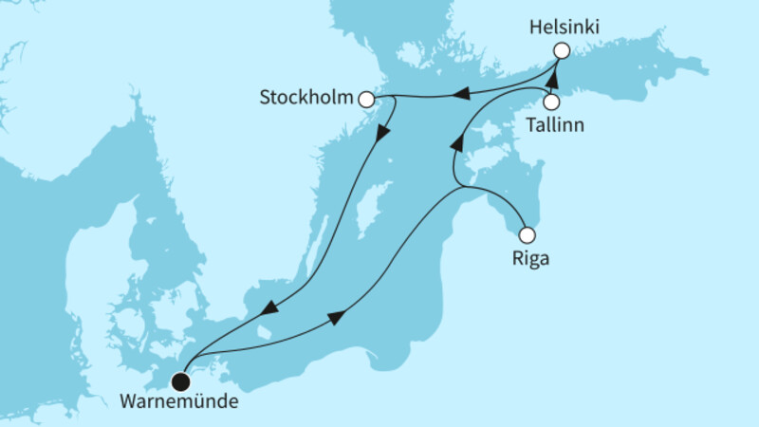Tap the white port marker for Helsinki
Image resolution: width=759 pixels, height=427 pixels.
tap(562, 50)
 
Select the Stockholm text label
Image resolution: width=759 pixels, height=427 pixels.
tap(305, 97)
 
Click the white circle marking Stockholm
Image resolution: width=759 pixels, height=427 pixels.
tap(366, 97)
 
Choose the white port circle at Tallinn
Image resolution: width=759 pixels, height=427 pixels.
tap(550, 102)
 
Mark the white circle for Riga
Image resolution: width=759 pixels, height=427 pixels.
tap(528, 234)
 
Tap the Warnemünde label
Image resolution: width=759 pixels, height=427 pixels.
tap(180, 401)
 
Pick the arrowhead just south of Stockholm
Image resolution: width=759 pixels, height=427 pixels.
tap(382, 133)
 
